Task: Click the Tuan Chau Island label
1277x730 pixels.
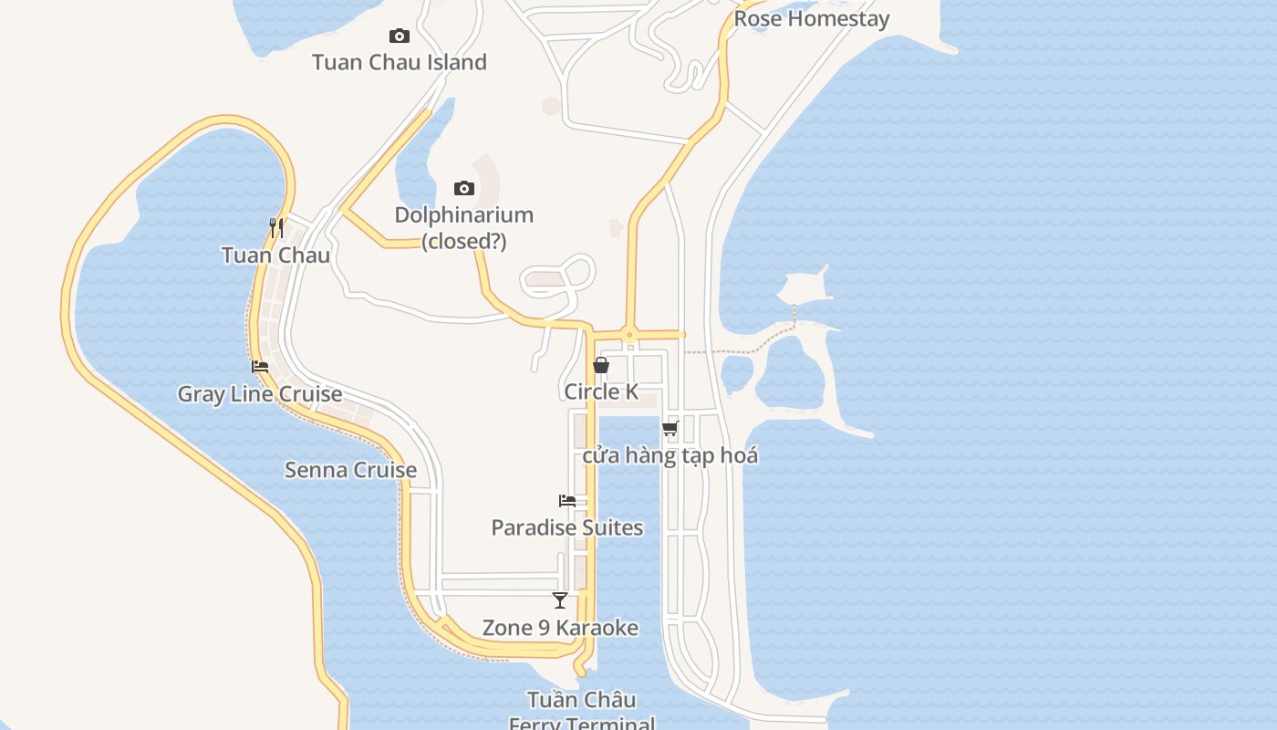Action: [x=400, y=62]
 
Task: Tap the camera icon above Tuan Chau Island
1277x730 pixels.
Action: [x=399, y=36]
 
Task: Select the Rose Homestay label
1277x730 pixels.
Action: [x=811, y=18]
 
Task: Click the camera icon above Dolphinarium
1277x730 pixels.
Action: [x=464, y=189]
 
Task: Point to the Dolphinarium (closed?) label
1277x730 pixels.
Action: [x=463, y=227]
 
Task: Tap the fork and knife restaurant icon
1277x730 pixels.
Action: [x=275, y=227]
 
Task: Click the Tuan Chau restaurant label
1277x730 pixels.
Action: [x=275, y=255]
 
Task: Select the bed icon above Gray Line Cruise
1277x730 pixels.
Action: [x=260, y=367]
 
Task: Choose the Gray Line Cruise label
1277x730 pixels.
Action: [x=260, y=394]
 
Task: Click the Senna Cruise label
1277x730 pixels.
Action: [x=350, y=470]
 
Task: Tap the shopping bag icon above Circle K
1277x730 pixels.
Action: [x=601, y=365]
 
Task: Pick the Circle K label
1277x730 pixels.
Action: [x=601, y=391]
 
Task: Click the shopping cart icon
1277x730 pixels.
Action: [x=670, y=428]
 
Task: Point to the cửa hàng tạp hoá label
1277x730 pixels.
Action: [x=670, y=455]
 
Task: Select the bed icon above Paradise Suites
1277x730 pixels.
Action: [x=567, y=500]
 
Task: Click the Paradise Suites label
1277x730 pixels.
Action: [x=567, y=527]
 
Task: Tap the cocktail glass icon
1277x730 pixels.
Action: [x=560, y=600]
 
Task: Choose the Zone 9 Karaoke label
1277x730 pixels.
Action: [x=560, y=628]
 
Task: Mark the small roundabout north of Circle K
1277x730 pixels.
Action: [x=628, y=334]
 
